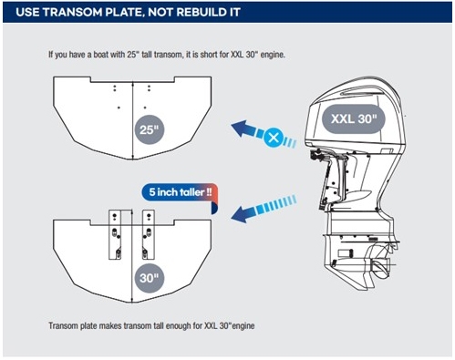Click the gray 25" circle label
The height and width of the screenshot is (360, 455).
(x=150, y=129)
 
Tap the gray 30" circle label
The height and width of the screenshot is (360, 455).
(x=150, y=278)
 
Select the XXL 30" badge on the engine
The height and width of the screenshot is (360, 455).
(x=354, y=118)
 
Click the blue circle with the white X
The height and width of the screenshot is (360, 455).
(x=274, y=138)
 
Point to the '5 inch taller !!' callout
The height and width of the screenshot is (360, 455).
(x=180, y=192)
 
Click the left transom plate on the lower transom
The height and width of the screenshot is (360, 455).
(x=115, y=234)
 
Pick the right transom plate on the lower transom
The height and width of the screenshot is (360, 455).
(x=149, y=234)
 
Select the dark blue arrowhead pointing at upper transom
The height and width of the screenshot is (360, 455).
(x=241, y=128)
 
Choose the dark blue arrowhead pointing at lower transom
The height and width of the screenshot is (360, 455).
(x=240, y=214)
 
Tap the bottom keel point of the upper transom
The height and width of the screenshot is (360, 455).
(x=133, y=159)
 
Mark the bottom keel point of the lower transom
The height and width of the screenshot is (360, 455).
(x=132, y=303)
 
